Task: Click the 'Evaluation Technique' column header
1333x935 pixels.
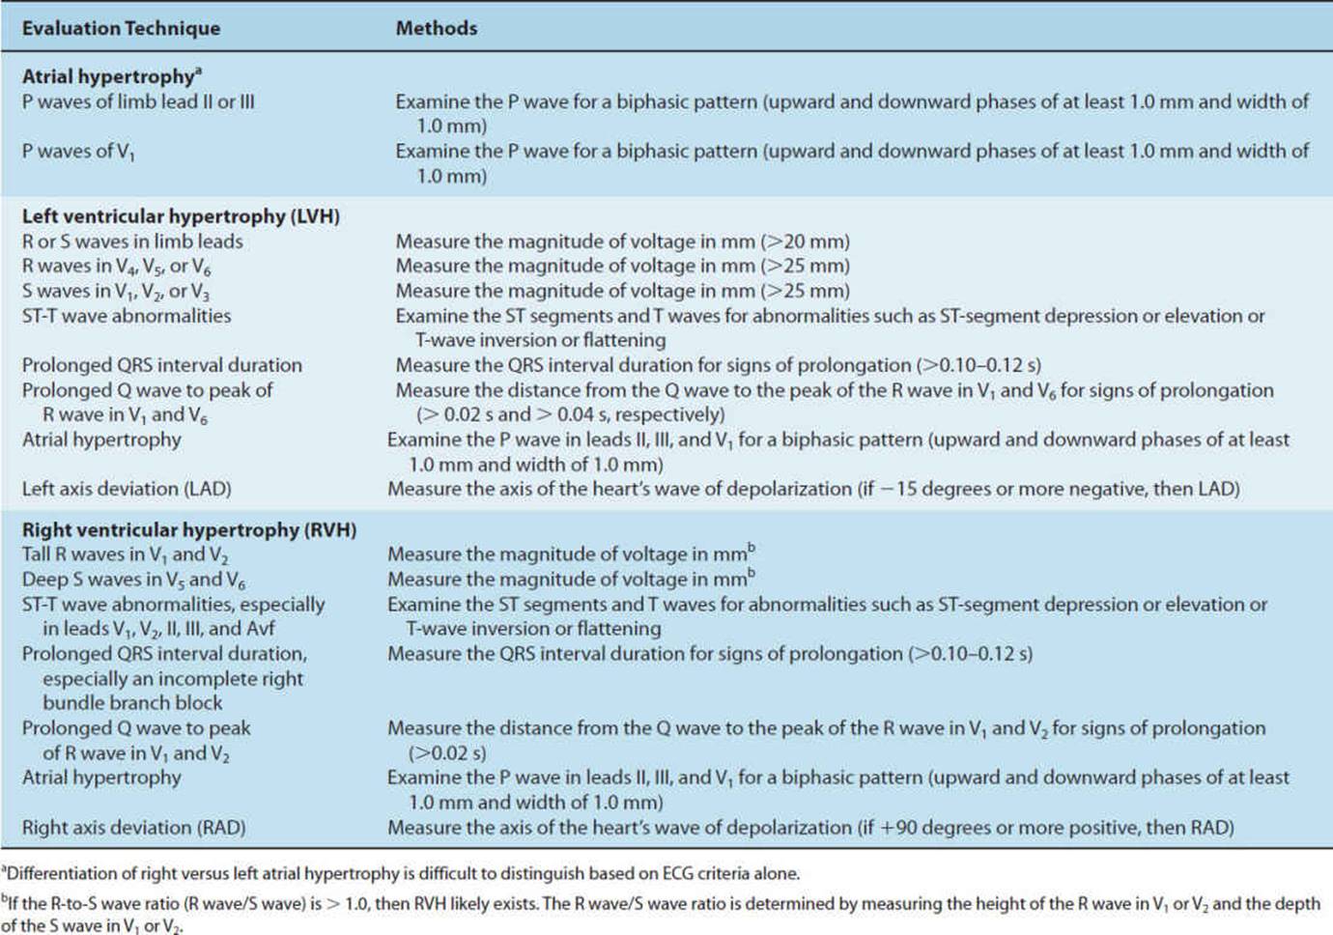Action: pyautogui.click(x=121, y=28)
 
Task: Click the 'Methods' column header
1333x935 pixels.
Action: pyautogui.click(x=436, y=28)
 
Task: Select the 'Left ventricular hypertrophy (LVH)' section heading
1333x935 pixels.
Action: pyautogui.click(x=181, y=216)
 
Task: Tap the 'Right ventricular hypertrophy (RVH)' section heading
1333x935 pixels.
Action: pyautogui.click(x=189, y=529)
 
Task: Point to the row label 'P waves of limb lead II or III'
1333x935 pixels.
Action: pyautogui.click(x=138, y=101)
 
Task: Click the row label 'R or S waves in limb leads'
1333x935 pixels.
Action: pyautogui.click(x=132, y=241)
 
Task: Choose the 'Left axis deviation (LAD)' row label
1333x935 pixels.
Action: pyautogui.click(x=127, y=489)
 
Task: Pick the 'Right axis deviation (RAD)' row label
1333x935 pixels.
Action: pyautogui.click(x=133, y=828)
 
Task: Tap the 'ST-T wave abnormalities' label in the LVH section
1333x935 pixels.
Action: pyautogui.click(x=127, y=316)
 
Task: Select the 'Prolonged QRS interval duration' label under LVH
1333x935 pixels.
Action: pyautogui.click(x=162, y=365)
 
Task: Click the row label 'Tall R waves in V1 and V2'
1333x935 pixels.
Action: pyautogui.click(x=125, y=554)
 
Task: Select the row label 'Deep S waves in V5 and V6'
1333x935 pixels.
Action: pyautogui.click(x=133, y=580)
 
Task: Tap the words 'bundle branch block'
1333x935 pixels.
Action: pyautogui.click(x=132, y=703)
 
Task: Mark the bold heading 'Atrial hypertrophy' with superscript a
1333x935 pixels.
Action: pyautogui.click(x=111, y=76)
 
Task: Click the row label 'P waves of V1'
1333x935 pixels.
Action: pyautogui.click(x=78, y=152)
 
